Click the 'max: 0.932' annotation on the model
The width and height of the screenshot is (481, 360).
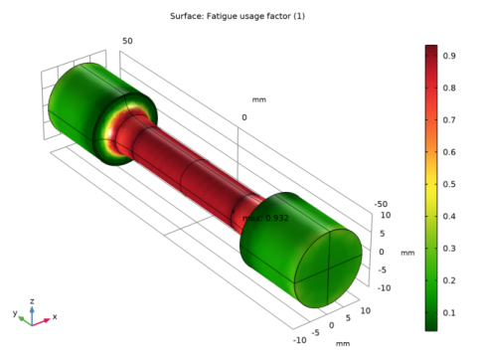tap(265, 218)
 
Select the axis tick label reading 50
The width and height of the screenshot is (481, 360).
tap(127, 41)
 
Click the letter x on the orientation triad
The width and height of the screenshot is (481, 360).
tap(55, 316)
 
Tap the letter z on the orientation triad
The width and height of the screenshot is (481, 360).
tap(32, 299)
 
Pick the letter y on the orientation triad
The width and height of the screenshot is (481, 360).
tap(15, 312)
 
